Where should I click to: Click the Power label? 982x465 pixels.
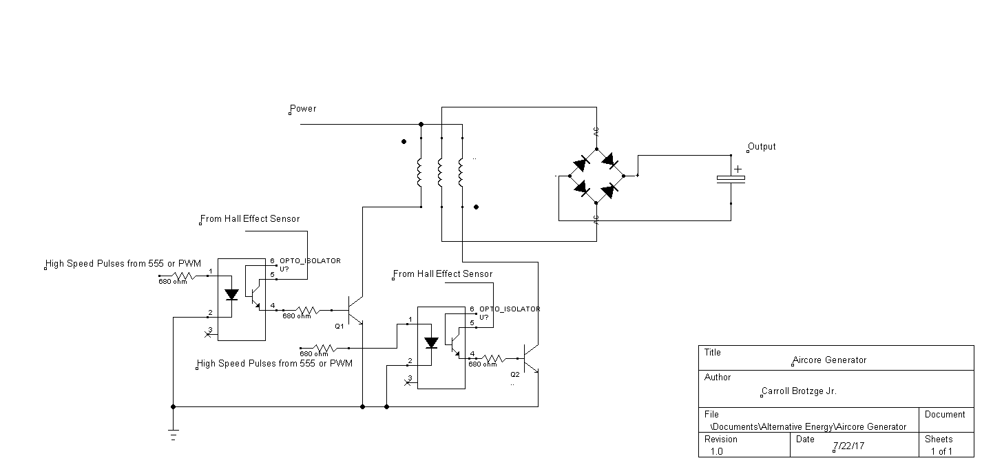pos(303,109)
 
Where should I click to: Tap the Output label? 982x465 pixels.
pos(762,147)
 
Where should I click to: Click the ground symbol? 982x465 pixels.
pos(174,434)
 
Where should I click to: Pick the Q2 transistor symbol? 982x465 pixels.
pos(531,358)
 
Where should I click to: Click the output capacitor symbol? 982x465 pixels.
pos(731,179)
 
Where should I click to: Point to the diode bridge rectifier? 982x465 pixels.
pos(596,176)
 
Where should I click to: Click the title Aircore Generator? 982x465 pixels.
pos(829,360)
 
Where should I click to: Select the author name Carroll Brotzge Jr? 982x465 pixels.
pos(799,391)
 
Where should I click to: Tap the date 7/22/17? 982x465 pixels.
pos(848,446)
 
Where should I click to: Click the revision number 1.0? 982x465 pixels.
pos(716,451)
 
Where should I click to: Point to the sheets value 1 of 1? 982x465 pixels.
pos(941,451)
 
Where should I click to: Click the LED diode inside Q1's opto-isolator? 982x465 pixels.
pos(231,294)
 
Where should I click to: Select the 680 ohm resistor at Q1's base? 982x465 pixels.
pos(308,310)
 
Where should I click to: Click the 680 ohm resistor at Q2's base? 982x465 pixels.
pos(494,358)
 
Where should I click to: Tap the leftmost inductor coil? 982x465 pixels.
pos(419,172)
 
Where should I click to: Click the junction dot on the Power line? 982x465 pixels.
pos(421,125)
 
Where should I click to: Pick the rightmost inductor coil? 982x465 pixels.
pos(461,172)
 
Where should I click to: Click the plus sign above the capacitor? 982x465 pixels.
pos(738,169)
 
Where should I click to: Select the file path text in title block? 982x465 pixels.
pos(808,427)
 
